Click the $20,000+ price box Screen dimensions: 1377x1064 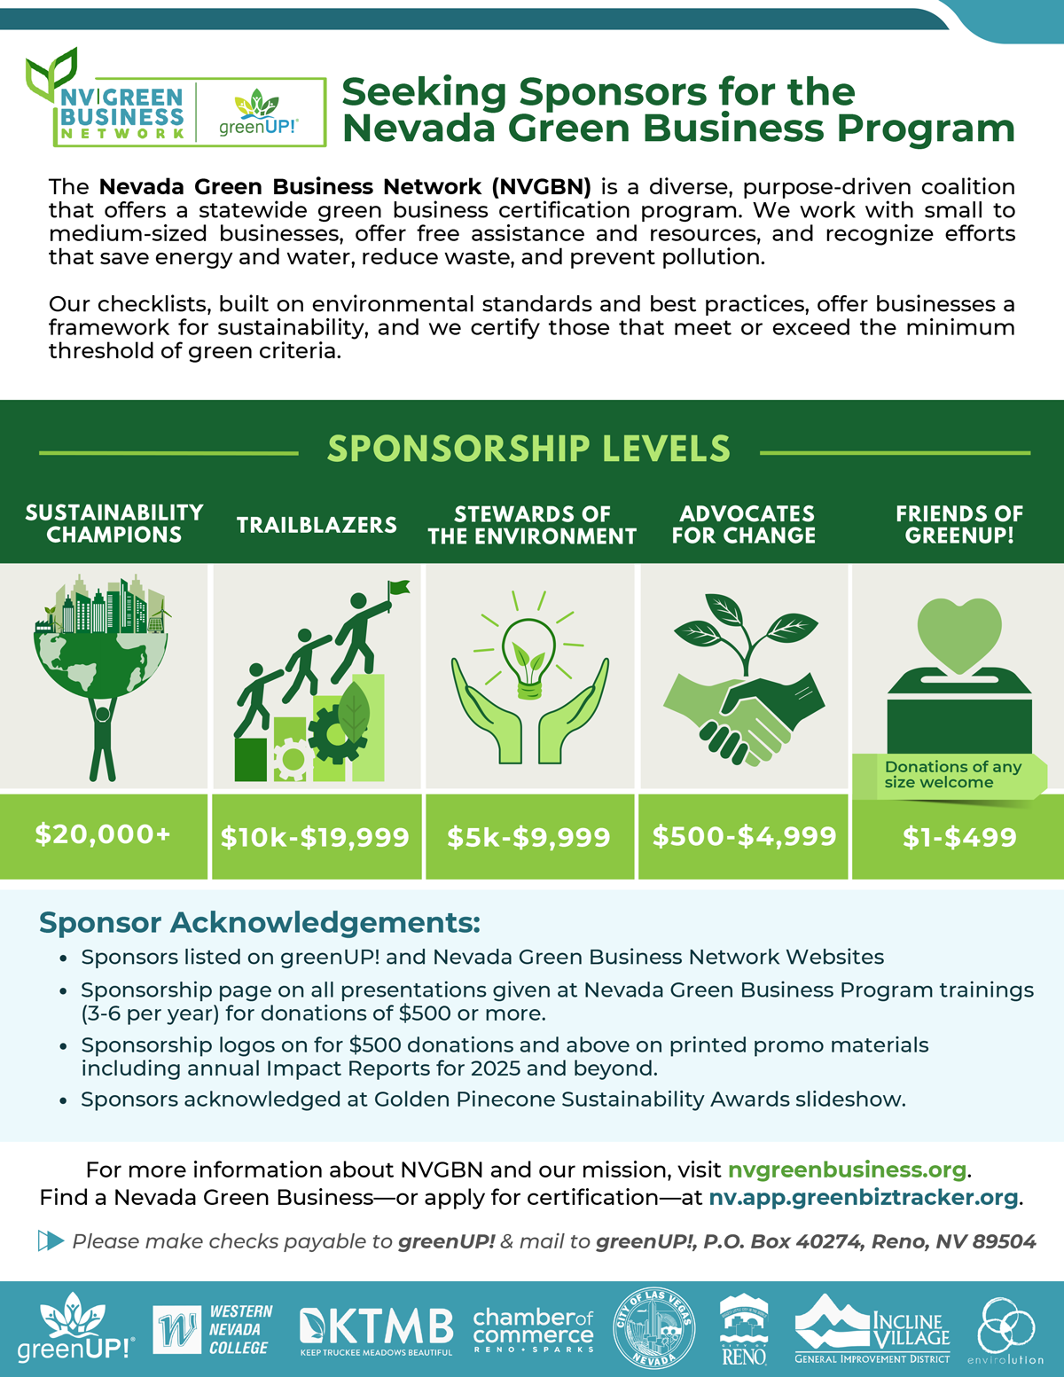[x=103, y=834]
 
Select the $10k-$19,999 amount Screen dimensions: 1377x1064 [x=315, y=837]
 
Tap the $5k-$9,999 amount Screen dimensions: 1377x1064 [x=528, y=837]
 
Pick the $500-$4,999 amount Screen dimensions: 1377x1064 [x=744, y=836]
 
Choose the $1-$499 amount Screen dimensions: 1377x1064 [x=958, y=837]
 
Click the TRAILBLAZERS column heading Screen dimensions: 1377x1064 [x=317, y=525]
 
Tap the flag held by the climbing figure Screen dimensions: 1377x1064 [x=398, y=588]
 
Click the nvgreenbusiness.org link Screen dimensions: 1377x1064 [x=847, y=1170]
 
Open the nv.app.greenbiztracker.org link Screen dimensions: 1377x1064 [x=863, y=1198]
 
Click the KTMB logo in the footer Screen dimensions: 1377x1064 [x=377, y=1330]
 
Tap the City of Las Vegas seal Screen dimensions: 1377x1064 [x=654, y=1328]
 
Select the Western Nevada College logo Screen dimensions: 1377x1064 [x=213, y=1329]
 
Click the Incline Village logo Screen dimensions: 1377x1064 [x=872, y=1329]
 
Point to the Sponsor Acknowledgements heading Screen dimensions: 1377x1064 [x=259, y=922]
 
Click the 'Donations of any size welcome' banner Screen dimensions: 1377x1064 [x=951, y=775]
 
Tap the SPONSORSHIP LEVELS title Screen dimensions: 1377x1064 [x=528, y=449]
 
